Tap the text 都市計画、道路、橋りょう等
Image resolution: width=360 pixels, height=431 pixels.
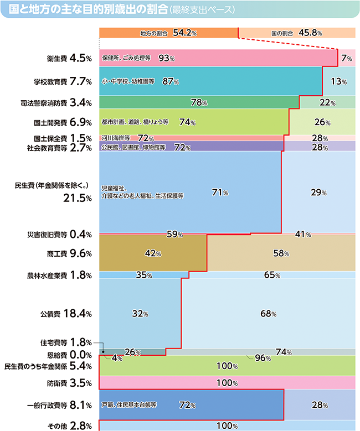135,122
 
